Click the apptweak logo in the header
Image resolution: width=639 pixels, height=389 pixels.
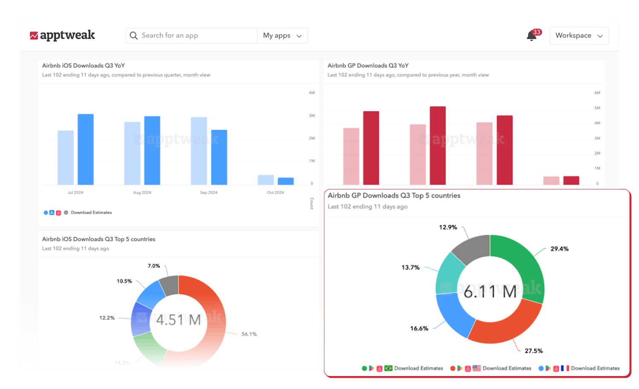click(63, 35)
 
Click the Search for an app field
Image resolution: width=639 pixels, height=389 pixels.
click(192, 36)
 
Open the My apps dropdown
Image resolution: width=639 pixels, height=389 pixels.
click(282, 36)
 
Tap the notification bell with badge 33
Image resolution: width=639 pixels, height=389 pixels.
click(532, 36)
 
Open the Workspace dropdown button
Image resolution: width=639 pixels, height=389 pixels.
click(579, 36)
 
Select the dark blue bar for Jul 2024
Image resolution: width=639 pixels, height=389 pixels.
click(86, 149)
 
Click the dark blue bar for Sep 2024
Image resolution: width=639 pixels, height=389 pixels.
click(219, 157)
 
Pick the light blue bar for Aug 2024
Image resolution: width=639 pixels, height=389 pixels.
click(132, 153)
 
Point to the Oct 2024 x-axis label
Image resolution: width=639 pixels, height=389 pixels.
click(275, 192)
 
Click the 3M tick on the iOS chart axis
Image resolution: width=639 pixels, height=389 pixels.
click(312, 115)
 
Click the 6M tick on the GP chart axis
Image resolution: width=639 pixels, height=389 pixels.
click(597, 92)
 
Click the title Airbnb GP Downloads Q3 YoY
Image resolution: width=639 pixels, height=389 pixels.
click(368, 66)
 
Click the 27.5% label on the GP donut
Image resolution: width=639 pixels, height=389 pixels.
click(533, 351)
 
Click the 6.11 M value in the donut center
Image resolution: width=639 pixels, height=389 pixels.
click(490, 292)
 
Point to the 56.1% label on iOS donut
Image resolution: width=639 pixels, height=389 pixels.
click(249, 334)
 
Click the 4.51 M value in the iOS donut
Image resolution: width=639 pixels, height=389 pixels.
click(178, 320)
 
